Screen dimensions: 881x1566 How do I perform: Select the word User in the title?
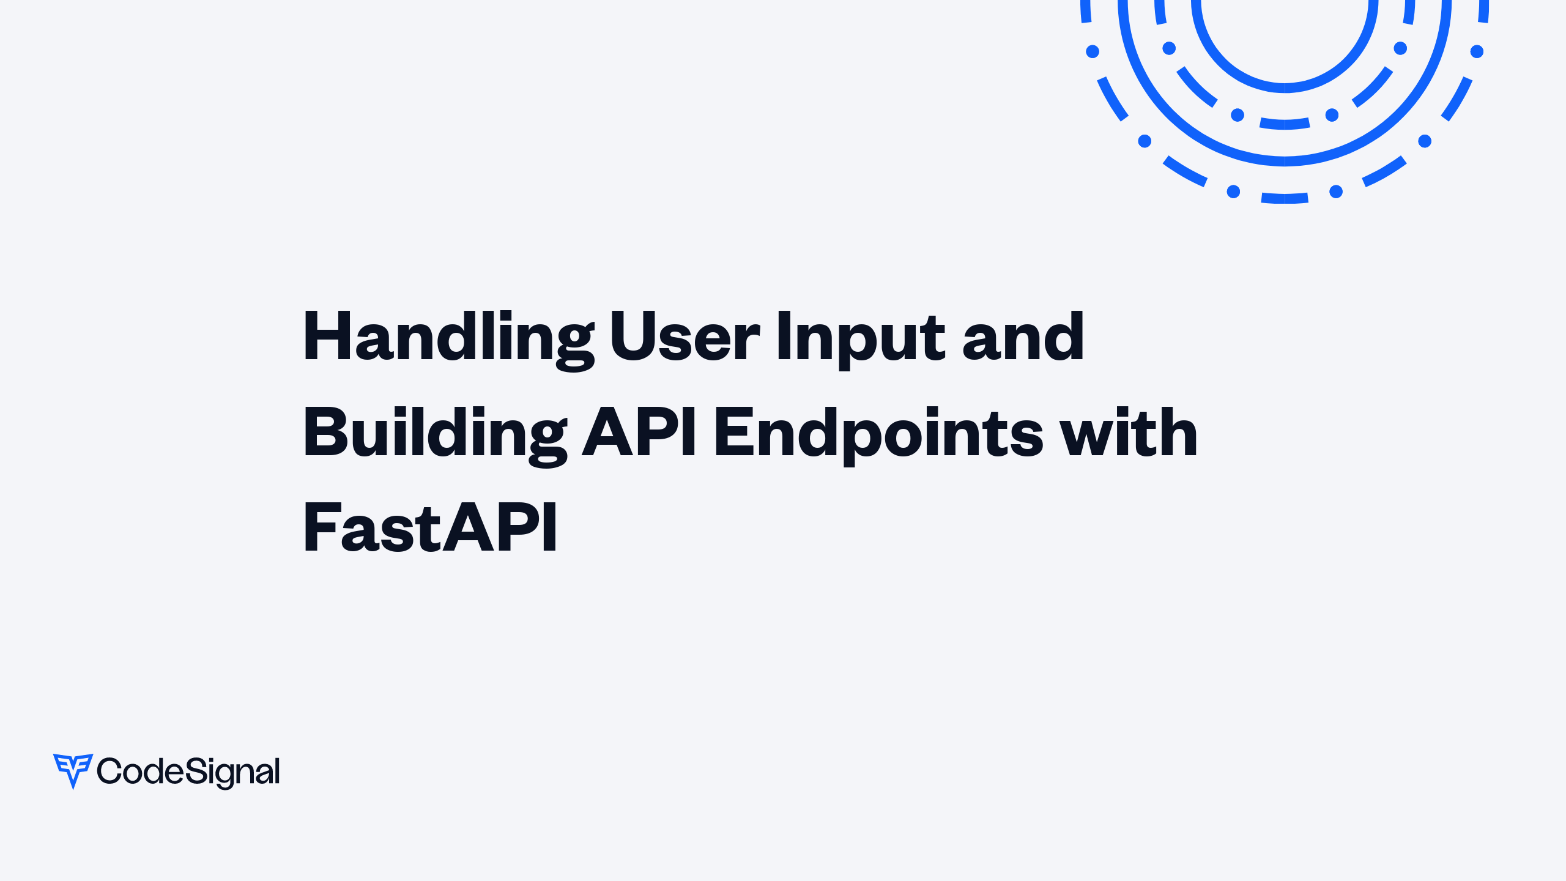point(685,336)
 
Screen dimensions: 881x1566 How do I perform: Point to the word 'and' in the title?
point(1023,336)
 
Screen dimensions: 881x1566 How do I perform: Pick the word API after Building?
point(639,432)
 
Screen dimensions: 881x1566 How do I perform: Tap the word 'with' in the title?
point(1129,432)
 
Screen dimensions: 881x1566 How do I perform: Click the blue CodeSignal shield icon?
point(73,770)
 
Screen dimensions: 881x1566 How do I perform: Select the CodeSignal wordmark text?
point(188,771)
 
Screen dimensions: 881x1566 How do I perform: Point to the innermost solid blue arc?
point(1285,87)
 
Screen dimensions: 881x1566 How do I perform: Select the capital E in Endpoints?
point(732,432)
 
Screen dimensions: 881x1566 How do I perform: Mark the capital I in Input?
point(784,336)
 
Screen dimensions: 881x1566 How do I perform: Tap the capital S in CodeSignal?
point(195,770)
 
